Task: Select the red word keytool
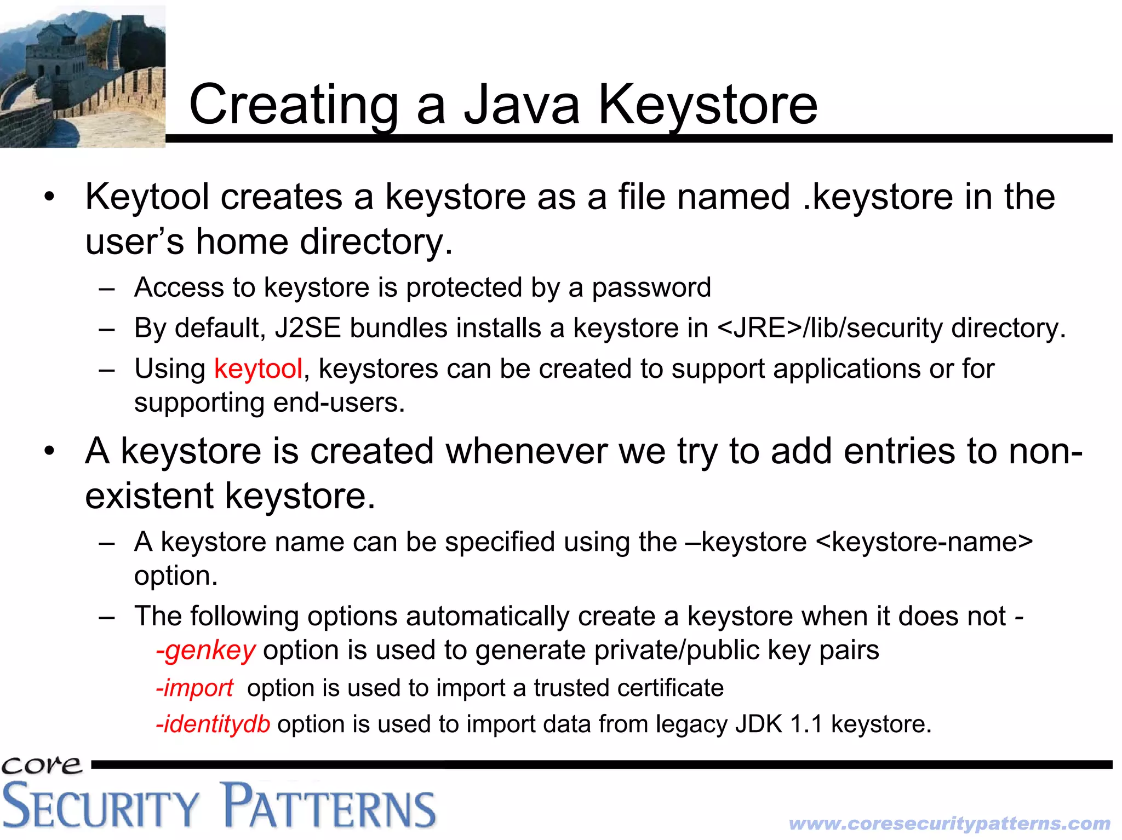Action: [x=258, y=369]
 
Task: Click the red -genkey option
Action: [x=205, y=651]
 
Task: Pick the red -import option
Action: [x=194, y=688]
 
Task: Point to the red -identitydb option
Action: [x=213, y=724]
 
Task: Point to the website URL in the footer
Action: [x=949, y=823]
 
